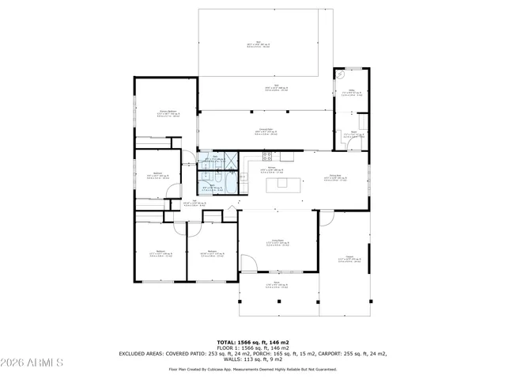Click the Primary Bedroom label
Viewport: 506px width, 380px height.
click(165, 112)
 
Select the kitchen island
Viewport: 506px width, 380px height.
click(282, 184)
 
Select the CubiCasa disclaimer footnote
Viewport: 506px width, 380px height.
click(252, 369)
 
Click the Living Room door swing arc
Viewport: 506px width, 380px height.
click(247, 262)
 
